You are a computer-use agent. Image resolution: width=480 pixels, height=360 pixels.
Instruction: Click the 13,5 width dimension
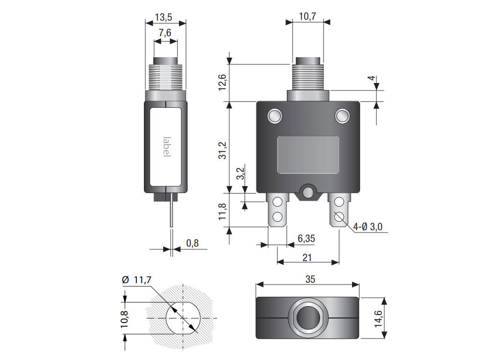click(x=164, y=17)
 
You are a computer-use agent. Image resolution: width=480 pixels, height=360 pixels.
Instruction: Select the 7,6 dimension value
click(x=165, y=32)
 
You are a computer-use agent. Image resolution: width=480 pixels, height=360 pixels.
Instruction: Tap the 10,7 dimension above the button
click(x=307, y=16)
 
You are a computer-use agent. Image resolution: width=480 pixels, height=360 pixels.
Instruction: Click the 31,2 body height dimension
click(x=223, y=150)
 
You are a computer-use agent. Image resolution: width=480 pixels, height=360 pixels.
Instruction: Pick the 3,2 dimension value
click(x=241, y=173)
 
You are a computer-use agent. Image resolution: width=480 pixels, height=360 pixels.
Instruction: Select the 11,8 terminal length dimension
click(x=222, y=211)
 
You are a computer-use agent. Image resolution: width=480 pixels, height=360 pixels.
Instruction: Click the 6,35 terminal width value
click(x=306, y=239)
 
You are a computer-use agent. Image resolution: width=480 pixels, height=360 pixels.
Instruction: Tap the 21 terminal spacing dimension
click(x=307, y=257)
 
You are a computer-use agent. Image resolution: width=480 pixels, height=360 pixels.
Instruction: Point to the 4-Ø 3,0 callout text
click(x=367, y=227)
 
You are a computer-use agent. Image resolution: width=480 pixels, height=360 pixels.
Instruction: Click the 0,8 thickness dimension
click(x=192, y=243)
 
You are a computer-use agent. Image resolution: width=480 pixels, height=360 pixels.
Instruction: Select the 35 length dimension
click(x=310, y=279)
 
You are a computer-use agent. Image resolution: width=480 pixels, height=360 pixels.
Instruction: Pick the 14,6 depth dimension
click(x=379, y=319)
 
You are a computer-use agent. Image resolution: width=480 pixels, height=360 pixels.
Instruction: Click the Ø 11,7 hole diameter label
click(x=136, y=280)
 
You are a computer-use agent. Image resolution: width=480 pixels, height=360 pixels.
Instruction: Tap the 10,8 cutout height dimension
click(x=125, y=319)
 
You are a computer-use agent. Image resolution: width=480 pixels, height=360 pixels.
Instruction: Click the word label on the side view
click(x=167, y=147)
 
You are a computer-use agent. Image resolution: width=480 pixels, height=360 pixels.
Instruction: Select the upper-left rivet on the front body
click(x=275, y=116)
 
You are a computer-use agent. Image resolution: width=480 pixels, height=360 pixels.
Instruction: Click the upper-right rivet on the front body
click(x=342, y=116)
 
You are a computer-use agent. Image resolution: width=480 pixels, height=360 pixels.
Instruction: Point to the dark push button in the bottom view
click(x=307, y=317)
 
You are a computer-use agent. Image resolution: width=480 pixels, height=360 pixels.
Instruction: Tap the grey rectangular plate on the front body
click(x=308, y=155)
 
